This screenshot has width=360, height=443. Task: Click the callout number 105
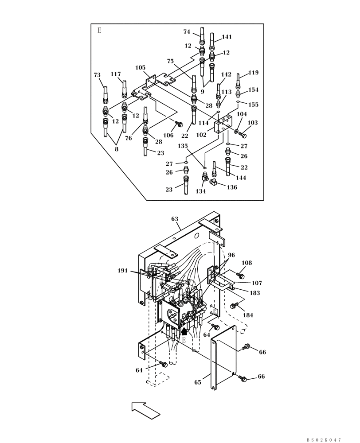click(x=141, y=68)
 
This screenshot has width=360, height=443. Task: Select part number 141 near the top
click(x=227, y=37)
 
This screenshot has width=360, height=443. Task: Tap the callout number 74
click(x=187, y=31)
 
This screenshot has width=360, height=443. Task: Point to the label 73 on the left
click(x=97, y=75)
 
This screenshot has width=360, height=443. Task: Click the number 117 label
click(x=116, y=74)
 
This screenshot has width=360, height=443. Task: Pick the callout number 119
click(x=253, y=73)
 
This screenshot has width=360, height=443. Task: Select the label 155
click(x=254, y=105)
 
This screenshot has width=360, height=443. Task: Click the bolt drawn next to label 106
click(x=180, y=124)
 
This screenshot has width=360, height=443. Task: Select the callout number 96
click(x=231, y=255)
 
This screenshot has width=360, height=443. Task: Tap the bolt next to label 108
click(x=241, y=276)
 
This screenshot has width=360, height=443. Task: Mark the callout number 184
click(x=248, y=315)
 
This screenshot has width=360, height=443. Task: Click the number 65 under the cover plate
click(x=198, y=382)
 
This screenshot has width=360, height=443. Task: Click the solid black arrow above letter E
click(x=184, y=330)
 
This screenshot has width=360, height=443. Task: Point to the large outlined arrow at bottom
click(x=145, y=410)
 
